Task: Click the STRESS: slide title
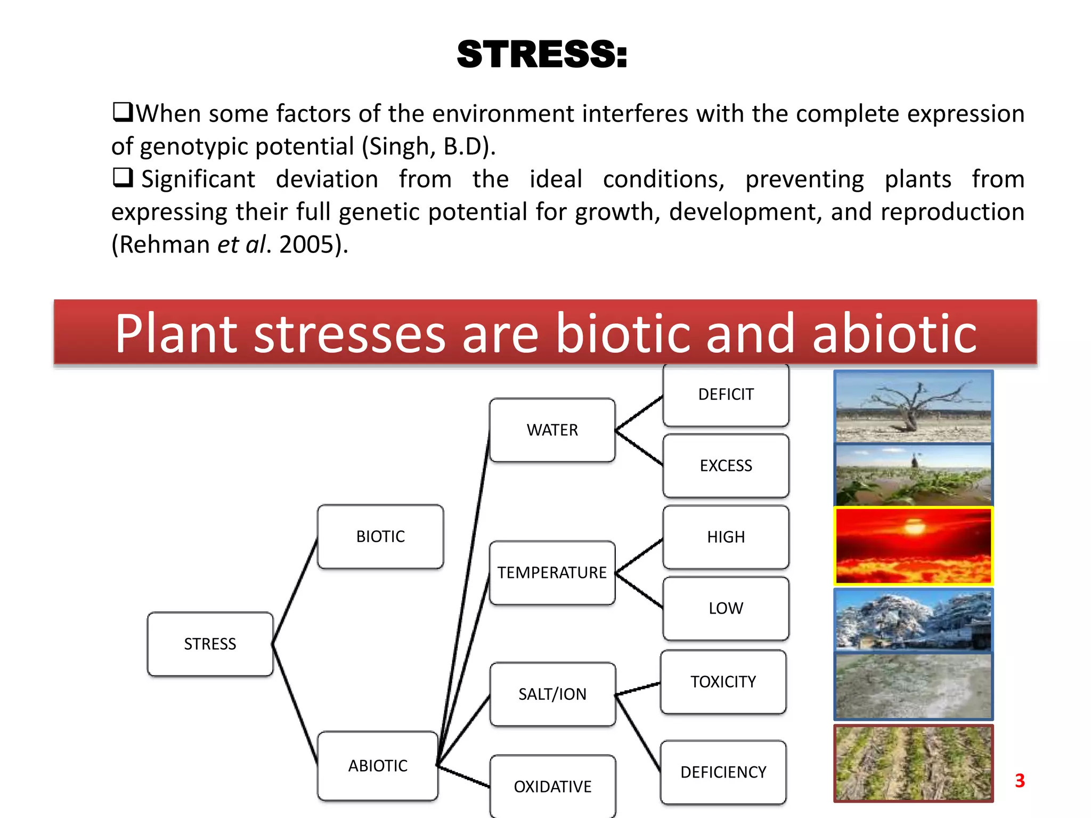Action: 542,54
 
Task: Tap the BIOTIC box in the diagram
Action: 380,536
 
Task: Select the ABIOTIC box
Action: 378,765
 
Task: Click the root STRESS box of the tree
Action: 210,644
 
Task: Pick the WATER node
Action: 552,430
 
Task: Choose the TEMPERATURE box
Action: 552,572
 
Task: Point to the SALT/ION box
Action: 552,694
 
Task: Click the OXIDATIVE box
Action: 552,786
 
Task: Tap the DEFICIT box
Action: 726,394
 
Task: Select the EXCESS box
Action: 726,465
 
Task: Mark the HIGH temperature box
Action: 726,537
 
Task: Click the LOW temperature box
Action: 726,608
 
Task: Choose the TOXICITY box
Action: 723,682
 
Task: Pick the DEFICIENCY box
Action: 723,772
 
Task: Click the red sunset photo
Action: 913,546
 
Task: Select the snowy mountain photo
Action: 913,620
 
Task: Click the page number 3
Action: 1020,781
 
